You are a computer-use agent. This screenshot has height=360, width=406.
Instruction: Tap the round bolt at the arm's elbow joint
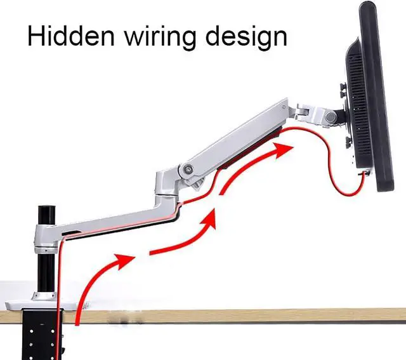tap(188, 169)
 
